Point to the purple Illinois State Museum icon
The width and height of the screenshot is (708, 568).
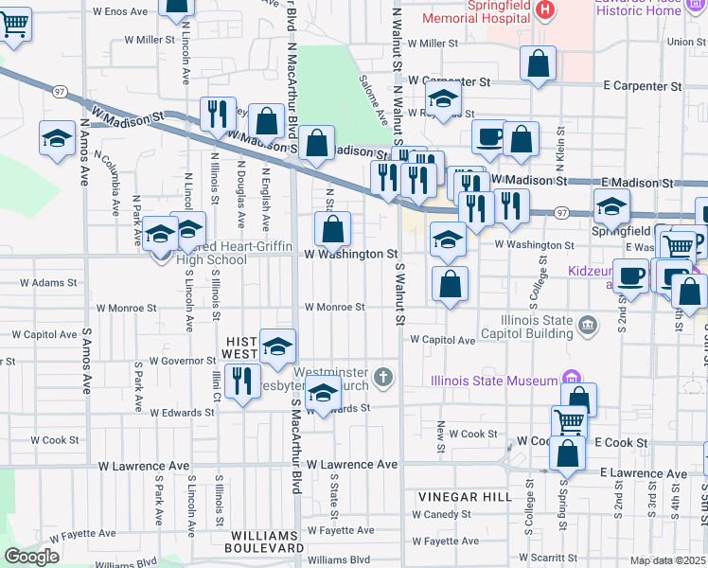click(570, 380)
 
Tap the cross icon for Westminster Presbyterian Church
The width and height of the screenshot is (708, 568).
click(383, 379)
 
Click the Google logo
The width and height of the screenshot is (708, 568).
click(30, 557)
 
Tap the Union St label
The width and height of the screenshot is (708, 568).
click(686, 42)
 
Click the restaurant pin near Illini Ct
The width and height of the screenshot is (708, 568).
click(243, 382)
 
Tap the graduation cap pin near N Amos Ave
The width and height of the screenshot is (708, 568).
click(57, 138)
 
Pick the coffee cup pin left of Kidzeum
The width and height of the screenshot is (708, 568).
click(630, 275)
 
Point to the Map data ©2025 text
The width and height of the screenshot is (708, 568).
click(668, 560)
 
